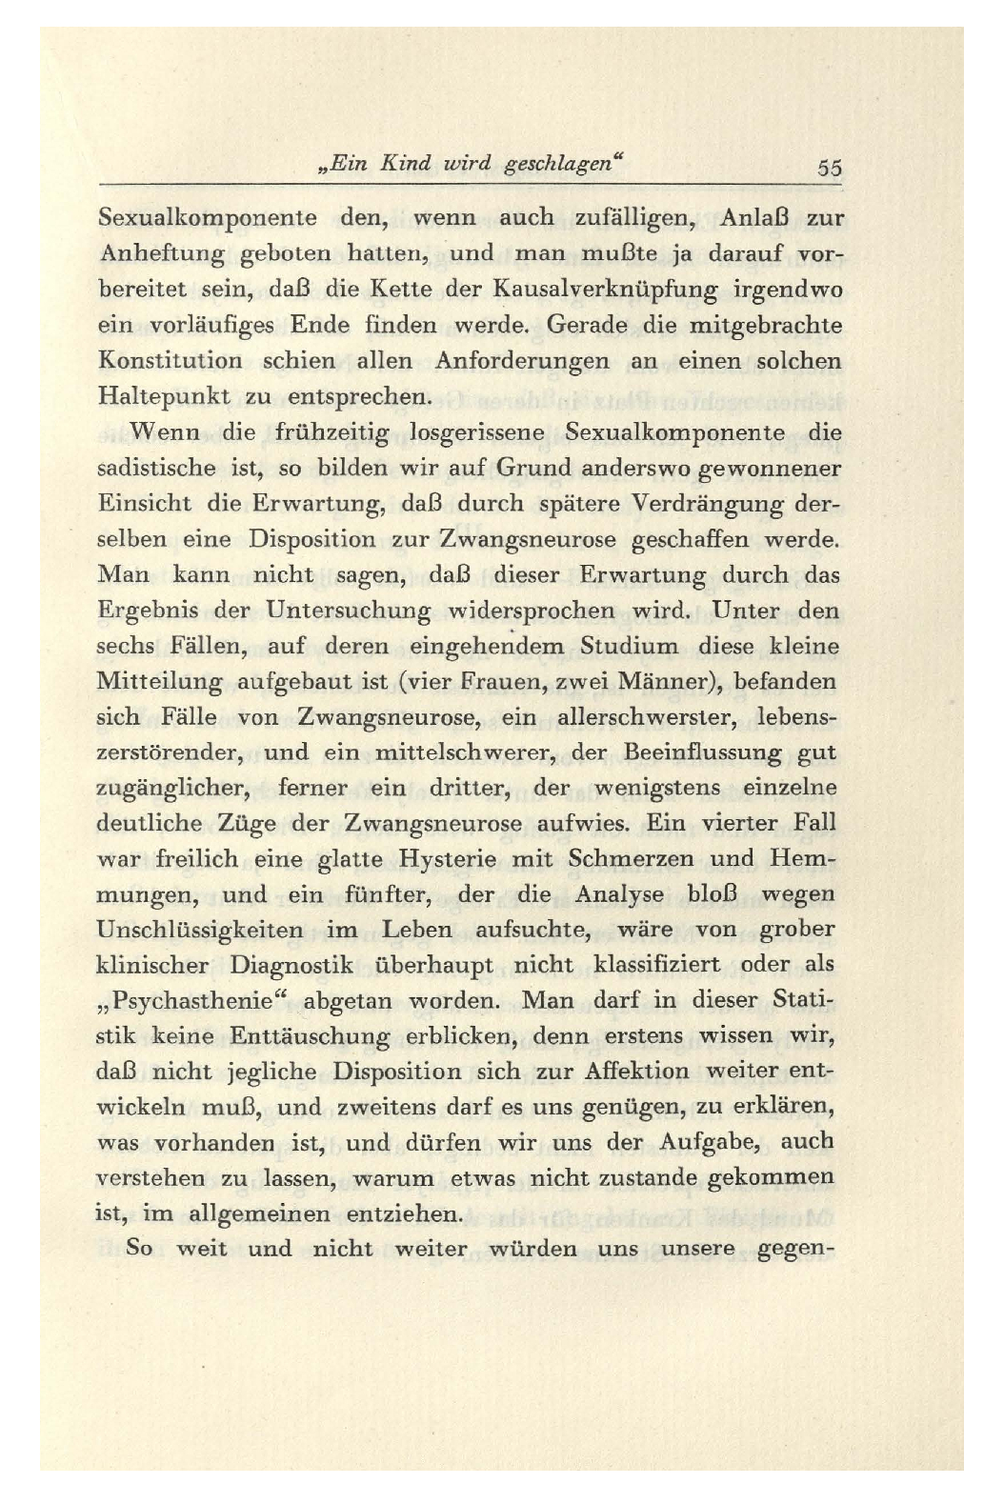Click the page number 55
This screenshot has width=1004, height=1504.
click(829, 169)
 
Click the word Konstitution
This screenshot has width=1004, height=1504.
click(171, 361)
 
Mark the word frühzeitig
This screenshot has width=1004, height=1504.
click(331, 432)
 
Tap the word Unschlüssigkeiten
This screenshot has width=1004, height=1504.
click(200, 930)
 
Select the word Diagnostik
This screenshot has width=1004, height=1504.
click(291, 965)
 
